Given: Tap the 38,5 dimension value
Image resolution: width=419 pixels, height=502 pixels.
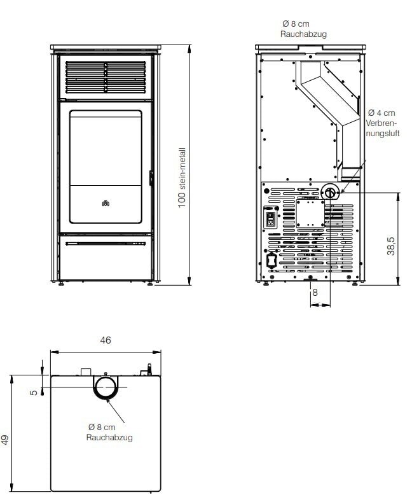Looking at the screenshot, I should coord(392,245).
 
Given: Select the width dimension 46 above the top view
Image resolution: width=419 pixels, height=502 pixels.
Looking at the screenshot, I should coord(106,340).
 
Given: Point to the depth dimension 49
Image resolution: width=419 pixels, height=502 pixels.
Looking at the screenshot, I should coord(5,440).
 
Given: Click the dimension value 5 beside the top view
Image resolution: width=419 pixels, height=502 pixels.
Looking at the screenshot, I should coord(33,393).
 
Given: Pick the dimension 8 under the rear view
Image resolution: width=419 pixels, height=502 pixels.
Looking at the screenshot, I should coord(314,293).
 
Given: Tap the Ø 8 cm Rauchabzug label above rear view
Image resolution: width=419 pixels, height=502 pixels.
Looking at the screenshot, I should coord(303,29).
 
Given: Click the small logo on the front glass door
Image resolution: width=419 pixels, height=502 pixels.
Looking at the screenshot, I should coord(106,204).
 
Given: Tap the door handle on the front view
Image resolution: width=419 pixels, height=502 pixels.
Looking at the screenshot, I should coord(151,178).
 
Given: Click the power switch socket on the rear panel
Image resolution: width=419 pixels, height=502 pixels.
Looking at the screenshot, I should coord(271,219).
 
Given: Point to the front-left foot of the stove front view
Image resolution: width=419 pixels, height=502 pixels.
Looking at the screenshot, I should coord(62,284).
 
